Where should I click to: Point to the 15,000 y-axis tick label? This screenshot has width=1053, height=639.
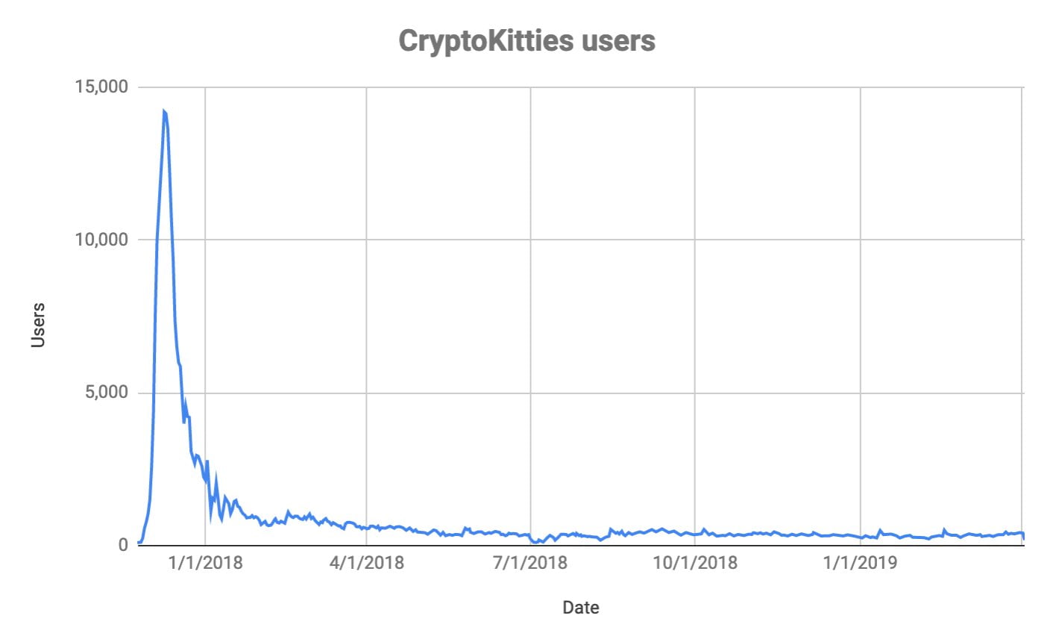pyautogui.click(x=101, y=87)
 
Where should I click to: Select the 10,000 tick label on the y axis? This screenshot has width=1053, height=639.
pyautogui.click(x=101, y=240)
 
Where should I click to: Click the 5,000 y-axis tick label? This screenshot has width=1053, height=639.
pyautogui.click(x=106, y=393)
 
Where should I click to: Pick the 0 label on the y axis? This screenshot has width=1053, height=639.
pyautogui.click(x=123, y=546)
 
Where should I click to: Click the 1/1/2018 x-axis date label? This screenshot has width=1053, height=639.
pyautogui.click(x=205, y=563)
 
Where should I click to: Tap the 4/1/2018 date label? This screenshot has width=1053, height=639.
pyautogui.click(x=366, y=563)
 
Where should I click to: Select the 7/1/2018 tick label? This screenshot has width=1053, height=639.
pyautogui.click(x=530, y=563)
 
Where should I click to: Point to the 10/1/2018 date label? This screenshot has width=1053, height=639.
pyautogui.click(x=695, y=563)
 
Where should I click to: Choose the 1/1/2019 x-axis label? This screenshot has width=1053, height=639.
pyautogui.click(x=861, y=563)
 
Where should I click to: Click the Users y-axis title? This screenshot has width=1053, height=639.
pyautogui.click(x=38, y=325)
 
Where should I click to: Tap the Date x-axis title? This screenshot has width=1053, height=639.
pyautogui.click(x=580, y=608)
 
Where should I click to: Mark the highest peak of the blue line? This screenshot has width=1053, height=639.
pyautogui.click(x=163, y=111)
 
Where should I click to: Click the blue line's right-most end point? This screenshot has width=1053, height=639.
pyautogui.click(x=1024, y=537)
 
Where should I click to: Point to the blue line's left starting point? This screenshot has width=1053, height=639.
pyautogui.click(x=139, y=543)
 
